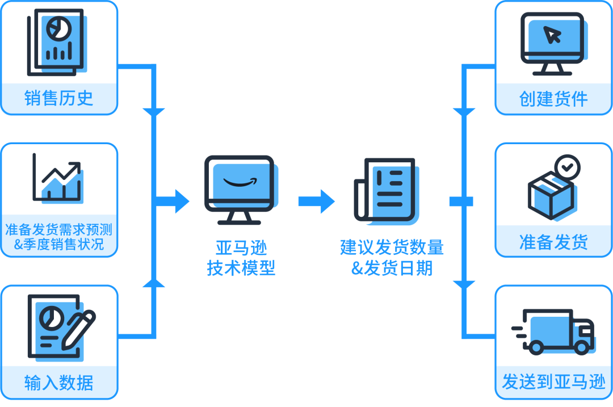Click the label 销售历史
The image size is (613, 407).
[58, 98]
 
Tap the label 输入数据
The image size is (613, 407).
[58, 383]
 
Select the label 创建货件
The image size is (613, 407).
[553, 99]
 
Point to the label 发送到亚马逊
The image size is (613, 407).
[553, 382]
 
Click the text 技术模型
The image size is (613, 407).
[241, 268]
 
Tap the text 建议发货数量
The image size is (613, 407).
[392, 248]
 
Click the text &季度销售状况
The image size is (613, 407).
[58, 245]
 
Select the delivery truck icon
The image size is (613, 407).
[554, 332]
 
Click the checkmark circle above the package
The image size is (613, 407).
[566, 167]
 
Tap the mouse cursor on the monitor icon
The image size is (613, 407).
[552, 35]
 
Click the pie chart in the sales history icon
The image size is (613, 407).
[57, 27]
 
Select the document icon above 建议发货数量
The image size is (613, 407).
[384, 190]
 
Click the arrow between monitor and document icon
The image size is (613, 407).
[316, 201]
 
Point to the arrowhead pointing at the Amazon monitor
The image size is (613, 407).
[182, 201]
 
